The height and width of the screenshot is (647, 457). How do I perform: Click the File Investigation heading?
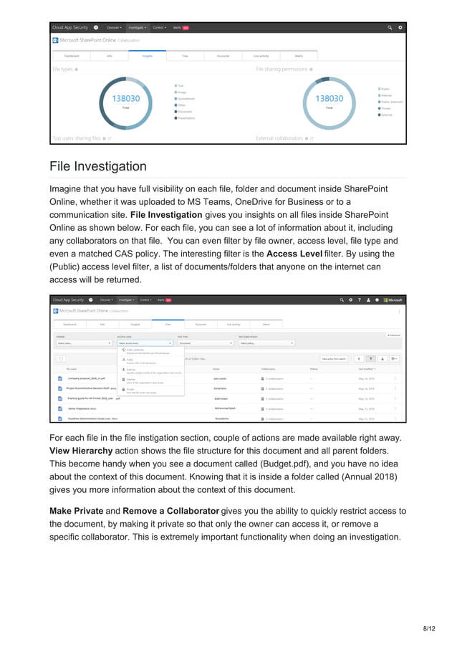click(98, 166)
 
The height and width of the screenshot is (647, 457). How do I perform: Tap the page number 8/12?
click(429, 628)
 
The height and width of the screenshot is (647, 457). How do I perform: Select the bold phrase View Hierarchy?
click(81, 451)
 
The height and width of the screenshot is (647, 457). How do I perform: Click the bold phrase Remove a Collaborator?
click(170, 511)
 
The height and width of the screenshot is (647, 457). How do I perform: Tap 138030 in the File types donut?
click(125, 98)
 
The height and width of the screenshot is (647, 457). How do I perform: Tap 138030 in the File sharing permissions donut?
click(329, 98)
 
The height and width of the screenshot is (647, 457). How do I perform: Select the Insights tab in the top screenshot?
click(147, 54)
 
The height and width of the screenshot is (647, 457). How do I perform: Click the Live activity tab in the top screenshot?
click(261, 54)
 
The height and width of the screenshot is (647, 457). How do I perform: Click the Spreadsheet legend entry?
click(186, 98)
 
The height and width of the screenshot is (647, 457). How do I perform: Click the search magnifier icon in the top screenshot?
click(390, 27)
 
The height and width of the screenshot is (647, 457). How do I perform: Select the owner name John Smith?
click(221, 378)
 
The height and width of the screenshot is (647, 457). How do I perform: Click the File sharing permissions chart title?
click(282, 70)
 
